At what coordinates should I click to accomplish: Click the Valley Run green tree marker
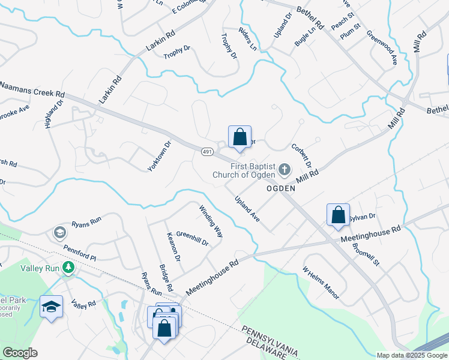click(70, 268)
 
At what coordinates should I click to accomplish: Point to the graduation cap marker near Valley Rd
click(52, 307)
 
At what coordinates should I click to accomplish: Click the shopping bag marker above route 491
click(240, 137)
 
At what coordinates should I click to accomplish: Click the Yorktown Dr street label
click(160, 156)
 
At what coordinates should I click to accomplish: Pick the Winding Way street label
click(211, 221)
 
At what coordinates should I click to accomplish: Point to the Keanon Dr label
click(173, 247)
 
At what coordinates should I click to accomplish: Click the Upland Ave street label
click(247, 209)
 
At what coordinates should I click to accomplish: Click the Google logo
click(20, 353)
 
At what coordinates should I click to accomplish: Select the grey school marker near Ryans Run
click(59, 232)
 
